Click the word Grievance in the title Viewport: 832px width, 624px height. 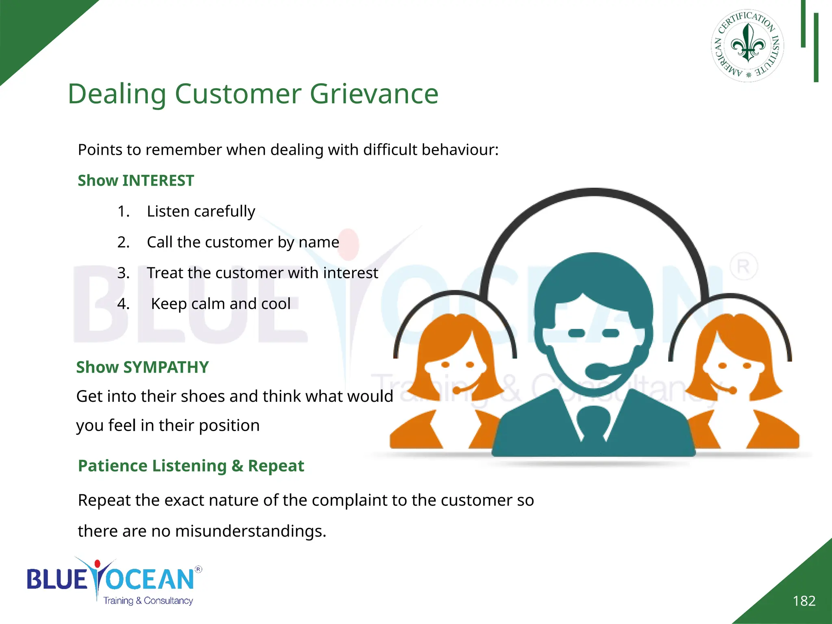coord(374,94)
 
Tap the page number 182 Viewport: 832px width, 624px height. coord(804,601)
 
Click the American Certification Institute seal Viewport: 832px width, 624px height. coord(747,45)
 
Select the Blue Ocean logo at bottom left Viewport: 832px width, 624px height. coord(114,581)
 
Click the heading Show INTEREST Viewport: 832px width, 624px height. coord(136,181)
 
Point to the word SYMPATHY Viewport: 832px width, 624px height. coord(166,367)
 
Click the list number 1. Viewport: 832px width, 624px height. coord(123,212)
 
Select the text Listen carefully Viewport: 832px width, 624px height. coord(201,212)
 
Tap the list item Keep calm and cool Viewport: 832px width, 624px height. coord(221,304)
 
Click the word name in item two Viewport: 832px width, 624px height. coord(318,243)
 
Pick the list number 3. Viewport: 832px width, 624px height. coord(123,273)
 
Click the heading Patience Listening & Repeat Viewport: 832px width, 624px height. coord(191,466)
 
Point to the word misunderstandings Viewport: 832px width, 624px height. coord(250,531)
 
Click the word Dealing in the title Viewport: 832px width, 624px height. coord(117,94)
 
